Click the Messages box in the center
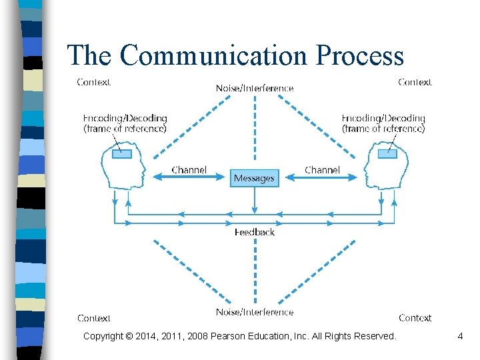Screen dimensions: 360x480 [254, 178]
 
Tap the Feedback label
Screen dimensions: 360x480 [254, 232]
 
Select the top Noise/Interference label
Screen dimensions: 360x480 [254, 88]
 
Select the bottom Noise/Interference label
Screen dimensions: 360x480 [254, 312]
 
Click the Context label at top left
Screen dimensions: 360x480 [94, 82]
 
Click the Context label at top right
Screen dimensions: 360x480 [415, 82]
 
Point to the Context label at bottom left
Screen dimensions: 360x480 [94, 318]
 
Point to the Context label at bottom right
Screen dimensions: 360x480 [415, 318]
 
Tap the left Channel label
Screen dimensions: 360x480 [189, 170]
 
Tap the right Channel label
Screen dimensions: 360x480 [322, 170]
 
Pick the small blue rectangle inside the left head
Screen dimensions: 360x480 [121, 154]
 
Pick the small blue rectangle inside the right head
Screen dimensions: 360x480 [387, 154]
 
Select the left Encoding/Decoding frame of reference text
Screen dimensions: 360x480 [125, 123]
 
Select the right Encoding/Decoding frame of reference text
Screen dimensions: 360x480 [383, 123]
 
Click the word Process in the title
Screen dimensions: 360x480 [361, 55]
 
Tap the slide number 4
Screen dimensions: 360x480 [460, 337]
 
